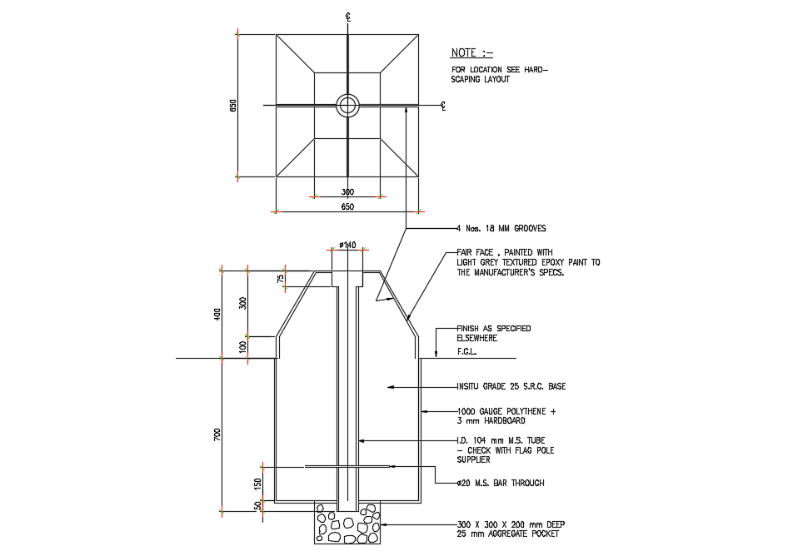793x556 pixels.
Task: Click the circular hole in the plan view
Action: tap(347, 105)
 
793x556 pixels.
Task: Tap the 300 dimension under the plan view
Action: tap(347, 191)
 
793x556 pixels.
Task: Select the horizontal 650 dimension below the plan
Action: tap(347, 206)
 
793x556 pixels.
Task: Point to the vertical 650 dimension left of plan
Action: tap(234, 106)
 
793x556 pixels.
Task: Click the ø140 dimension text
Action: tap(347, 245)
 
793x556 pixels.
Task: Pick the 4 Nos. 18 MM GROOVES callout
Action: tap(501, 228)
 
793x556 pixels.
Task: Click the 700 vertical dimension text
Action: tap(217, 434)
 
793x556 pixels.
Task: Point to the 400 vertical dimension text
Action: tap(217, 314)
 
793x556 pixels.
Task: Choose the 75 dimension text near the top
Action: tap(281, 278)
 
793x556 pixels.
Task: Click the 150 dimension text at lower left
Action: tap(257, 484)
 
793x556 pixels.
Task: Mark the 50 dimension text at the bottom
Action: tap(257, 505)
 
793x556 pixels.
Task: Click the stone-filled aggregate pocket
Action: tap(347, 525)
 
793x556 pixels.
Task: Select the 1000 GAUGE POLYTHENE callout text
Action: tap(506, 416)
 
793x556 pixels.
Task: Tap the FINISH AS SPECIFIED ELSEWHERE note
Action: tap(493, 333)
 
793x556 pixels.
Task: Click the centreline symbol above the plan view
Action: tap(347, 17)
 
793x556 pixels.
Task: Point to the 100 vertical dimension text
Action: tap(243, 346)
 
